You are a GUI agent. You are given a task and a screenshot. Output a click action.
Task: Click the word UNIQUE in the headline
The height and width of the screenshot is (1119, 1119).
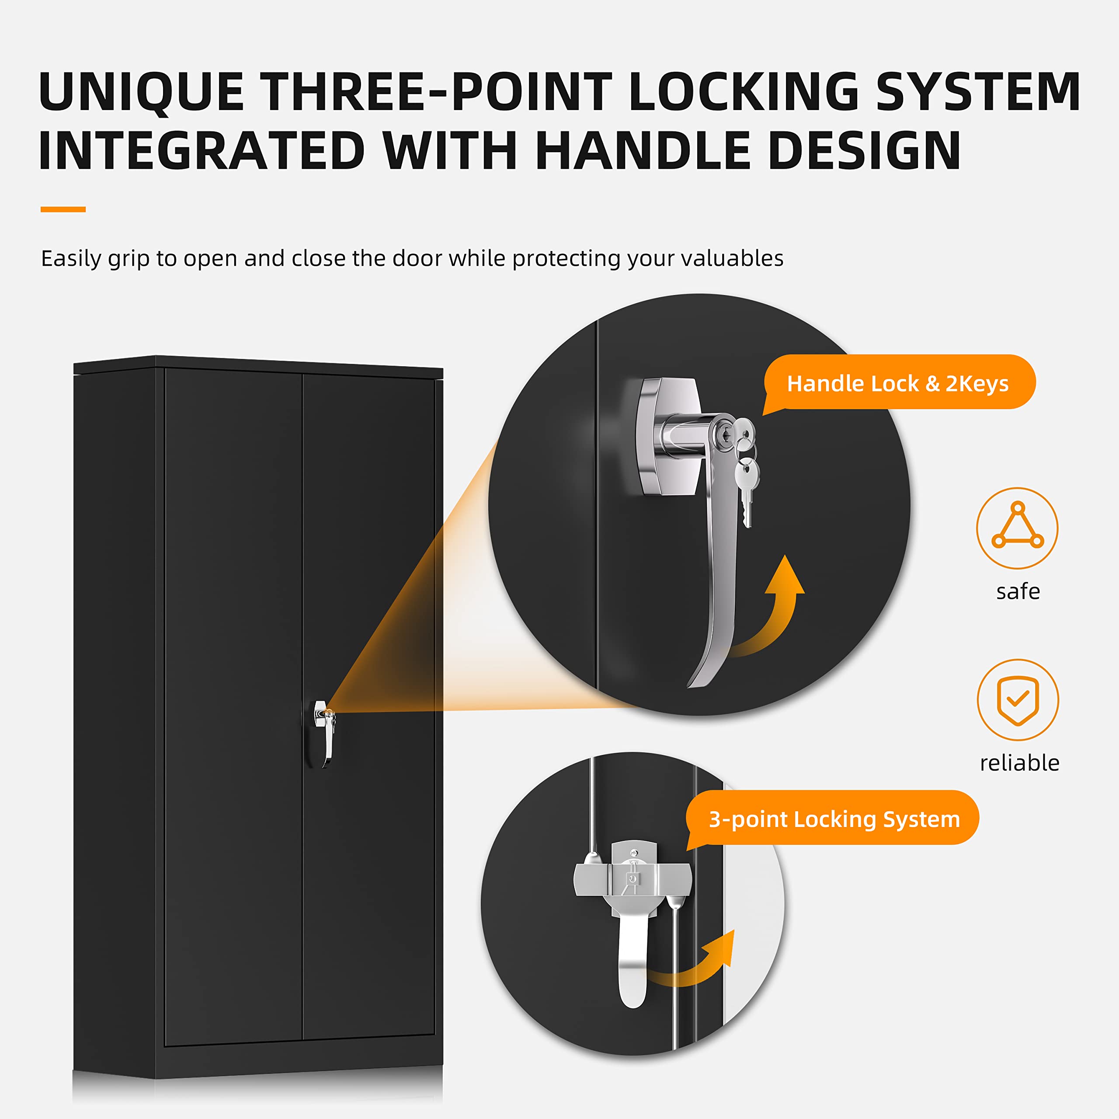141,91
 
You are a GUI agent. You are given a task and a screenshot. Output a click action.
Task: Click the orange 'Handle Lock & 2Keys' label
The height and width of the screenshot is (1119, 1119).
898,383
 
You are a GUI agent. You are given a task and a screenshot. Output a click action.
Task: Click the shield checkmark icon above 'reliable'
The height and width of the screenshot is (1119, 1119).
1018,700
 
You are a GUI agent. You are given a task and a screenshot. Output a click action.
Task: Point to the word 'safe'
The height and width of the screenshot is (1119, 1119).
1018,591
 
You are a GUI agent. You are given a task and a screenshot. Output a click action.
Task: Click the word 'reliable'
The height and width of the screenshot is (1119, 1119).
1019,763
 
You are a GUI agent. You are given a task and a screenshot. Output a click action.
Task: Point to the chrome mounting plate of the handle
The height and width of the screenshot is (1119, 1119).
669,436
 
